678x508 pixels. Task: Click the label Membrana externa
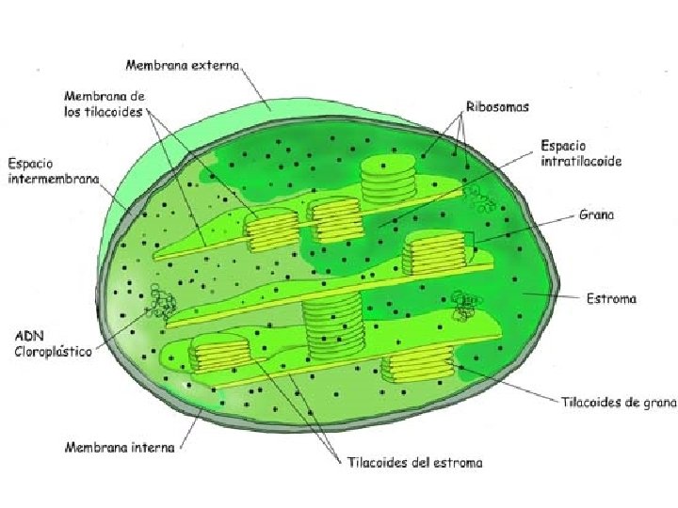tap(183, 65)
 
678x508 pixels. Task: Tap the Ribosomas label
tap(496, 107)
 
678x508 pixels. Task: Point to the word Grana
tap(597, 214)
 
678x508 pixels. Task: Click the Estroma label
tap(609, 299)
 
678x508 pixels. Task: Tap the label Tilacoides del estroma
tap(413, 462)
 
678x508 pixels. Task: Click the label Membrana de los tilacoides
tap(104, 103)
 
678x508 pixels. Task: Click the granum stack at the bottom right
tap(420, 363)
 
